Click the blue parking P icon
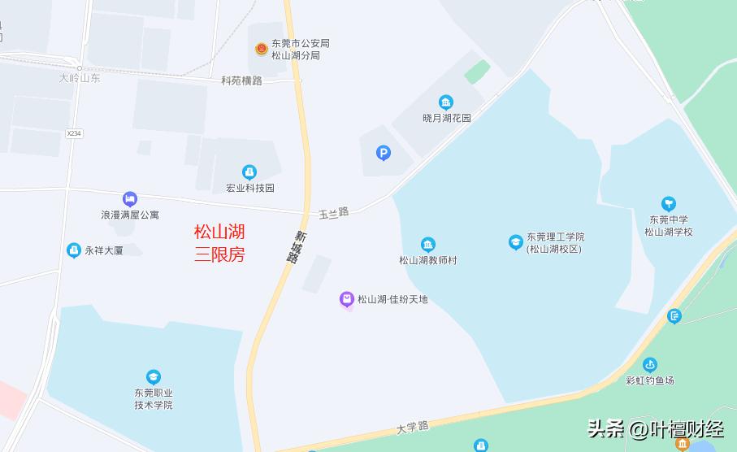pos(384,152)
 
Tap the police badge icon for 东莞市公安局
pos(262,49)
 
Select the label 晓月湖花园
pos(446,118)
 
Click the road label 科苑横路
pos(242,80)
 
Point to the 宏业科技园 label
pos(250,188)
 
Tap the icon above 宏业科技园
pos(249,172)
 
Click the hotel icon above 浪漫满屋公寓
pos(130,199)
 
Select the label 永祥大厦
pos(103,251)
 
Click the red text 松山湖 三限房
pos(219,243)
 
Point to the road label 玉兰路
pos(333,212)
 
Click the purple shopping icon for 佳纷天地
pos(347,300)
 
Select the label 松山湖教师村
pos(428,260)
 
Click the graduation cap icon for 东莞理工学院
pos(515,242)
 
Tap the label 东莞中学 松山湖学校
pos(668,225)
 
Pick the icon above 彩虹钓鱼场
pos(650,365)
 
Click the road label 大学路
pos(413,427)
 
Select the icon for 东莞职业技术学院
pos(154,377)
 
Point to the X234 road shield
pos(75,133)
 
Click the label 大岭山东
pos(80,79)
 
